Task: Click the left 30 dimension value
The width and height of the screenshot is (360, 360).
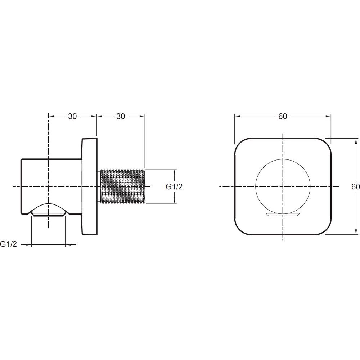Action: click(x=72, y=116)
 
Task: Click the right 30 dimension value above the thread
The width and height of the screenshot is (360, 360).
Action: click(x=121, y=116)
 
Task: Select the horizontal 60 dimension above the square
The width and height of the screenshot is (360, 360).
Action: click(x=283, y=116)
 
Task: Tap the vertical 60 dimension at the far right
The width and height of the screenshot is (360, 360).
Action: click(x=355, y=186)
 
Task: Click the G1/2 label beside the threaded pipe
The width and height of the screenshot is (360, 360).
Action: click(x=174, y=187)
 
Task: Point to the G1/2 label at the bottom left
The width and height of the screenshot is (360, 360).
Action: click(x=9, y=244)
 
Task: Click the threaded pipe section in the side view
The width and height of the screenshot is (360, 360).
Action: click(x=122, y=186)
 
